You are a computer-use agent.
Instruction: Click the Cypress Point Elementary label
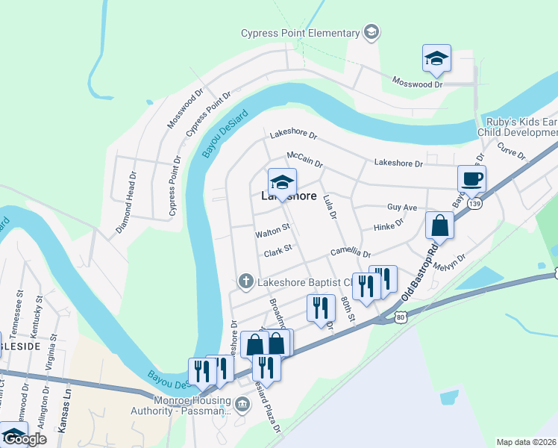pyautogui.click(x=300, y=32)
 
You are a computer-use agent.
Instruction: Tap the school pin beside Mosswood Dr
pyautogui.click(x=436, y=59)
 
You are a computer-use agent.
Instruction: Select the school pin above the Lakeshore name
pyautogui.click(x=282, y=181)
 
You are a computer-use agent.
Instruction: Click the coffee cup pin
pyautogui.click(x=471, y=179)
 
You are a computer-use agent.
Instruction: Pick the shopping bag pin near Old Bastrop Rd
pyautogui.click(x=440, y=225)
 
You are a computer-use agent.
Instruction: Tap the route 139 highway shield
pyautogui.click(x=474, y=203)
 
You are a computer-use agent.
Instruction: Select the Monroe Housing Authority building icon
pyautogui.click(x=241, y=405)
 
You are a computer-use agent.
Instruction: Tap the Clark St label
pyautogui.click(x=277, y=252)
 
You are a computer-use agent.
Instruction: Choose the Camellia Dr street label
pyautogui.click(x=351, y=252)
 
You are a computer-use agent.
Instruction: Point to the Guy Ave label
pyautogui.click(x=402, y=208)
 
